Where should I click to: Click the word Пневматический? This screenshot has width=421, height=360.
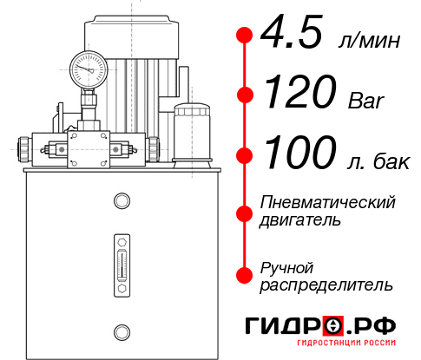(x=328, y=202)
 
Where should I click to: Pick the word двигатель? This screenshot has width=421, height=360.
(x=300, y=220)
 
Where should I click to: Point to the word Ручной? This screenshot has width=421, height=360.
(x=286, y=266)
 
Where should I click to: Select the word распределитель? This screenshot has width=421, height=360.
(x=326, y=285)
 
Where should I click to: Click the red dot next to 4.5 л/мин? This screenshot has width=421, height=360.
(x=244, y=36)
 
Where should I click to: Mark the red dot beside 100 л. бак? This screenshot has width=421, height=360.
(x=244, y=155)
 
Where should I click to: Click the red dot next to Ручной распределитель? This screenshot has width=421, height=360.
(x=244, y=275)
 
